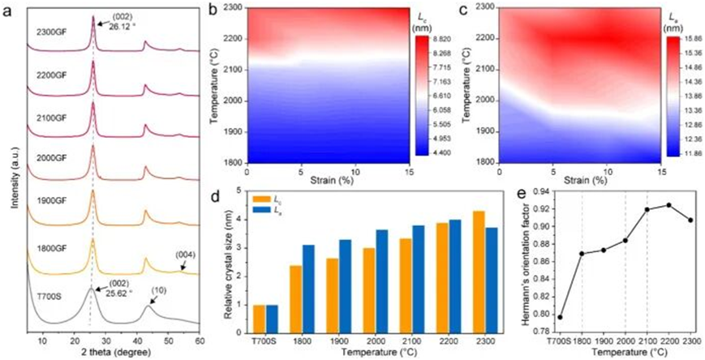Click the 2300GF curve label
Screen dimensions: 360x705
click(x=52, y=33)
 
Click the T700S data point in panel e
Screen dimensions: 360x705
click(x=560, y=317)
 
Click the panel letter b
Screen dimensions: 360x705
click(x=212, y=10)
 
